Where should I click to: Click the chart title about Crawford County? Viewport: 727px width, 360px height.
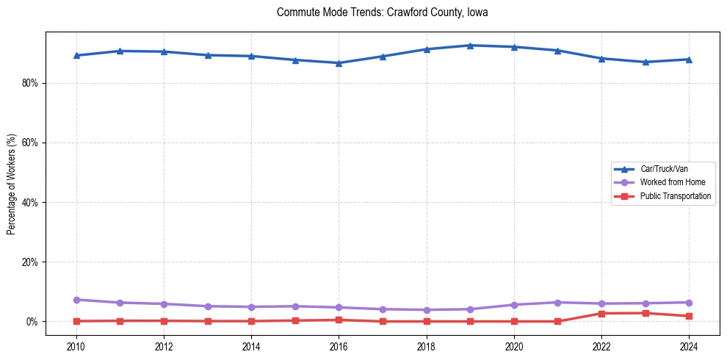pyautogui.click(x=382, y=12)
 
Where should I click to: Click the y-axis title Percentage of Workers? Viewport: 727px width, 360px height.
pyautogui.click(x=11, y=184)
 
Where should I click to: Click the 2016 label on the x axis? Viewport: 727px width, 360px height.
pyautogui.click(x=339, y=345)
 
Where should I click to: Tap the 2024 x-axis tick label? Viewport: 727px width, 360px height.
pyautogui.click(x=689, y=345)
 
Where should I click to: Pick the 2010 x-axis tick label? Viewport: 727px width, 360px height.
pyautogui.click(x=76, y=345)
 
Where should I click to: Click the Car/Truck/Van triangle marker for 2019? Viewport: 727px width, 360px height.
pyautogui.click(x=470, y=46)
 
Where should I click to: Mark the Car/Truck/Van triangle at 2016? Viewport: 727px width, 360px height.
pyautogui.click(x=339, y=63)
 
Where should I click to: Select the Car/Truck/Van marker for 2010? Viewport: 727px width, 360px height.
pyautogui.click(x=76, y=55)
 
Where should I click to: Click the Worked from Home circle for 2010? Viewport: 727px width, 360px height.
pyautogui.click(x=76, y=300)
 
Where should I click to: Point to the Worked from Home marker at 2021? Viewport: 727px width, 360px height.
pyautogui.click(x=557, y=303)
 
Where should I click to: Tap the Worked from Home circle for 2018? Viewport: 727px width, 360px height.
pyautogui.click(x=426, y=310)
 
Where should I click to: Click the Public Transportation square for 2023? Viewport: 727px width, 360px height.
pyautogui.click(x=645, y=313)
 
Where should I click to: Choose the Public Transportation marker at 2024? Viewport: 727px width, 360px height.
pyautogui.click(x=689, y=316)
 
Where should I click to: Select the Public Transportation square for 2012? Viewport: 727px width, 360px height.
pyautogui.click(x=163, y=320)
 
